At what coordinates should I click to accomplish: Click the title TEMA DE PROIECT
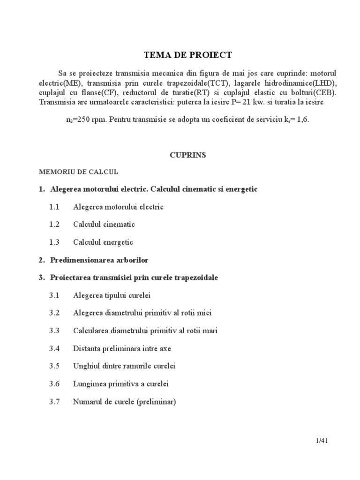[x=187, y=55]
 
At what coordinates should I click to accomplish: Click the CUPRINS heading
[x=187, y=155]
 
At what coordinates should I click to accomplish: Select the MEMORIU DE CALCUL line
[x=78, y=172]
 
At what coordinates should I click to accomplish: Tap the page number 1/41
[x=321, y=441]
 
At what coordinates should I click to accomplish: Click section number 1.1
[x=54, y=207]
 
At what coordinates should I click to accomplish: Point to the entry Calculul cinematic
[x=104, y=225]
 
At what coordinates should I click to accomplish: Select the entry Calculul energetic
[x=103, y=242]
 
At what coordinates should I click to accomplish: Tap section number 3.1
[x=54, y=296]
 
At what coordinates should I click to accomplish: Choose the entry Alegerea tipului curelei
[x=112, y=296]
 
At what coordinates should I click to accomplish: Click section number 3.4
[x=54, y=349]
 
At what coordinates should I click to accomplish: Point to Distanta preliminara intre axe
[x=122, y=349]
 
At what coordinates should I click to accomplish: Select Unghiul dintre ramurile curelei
[x=124, y=366]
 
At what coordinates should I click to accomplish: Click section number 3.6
[x=54, y=384]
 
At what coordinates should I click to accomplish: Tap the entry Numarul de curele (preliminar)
[x=124, y=402]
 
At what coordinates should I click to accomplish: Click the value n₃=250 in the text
[x=79, y=120]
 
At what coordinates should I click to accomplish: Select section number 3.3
[x=54, y=331]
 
